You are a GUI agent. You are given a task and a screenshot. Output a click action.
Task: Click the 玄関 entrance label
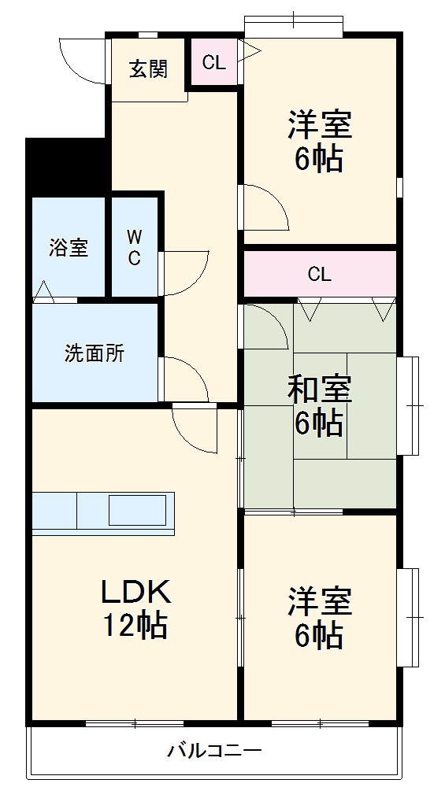coord(148,69)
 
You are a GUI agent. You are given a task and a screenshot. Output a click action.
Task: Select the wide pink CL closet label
coord(319,275)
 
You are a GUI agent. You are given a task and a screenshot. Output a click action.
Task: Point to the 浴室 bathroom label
coord(69,247)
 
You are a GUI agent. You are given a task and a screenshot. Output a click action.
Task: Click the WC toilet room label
coord(135,246)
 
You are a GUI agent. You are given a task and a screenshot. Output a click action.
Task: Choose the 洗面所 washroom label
coord(95,353)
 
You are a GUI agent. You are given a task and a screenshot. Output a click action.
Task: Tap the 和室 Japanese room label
coord(319,388)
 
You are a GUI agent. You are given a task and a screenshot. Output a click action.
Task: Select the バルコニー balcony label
coord(213,750)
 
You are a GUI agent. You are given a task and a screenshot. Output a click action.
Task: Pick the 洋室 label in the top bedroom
coord(319,124)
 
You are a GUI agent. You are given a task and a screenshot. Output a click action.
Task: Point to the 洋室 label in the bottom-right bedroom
coord(319,600)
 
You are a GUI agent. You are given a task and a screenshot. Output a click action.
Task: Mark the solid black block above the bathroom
coord(67,166)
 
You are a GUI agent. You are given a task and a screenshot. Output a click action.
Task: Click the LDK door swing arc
coord(192,430)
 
